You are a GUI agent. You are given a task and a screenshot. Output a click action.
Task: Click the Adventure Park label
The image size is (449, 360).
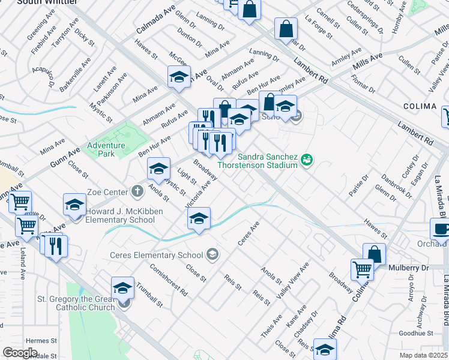coord(106,149)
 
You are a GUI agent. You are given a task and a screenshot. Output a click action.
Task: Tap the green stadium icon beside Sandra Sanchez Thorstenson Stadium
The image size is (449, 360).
coord(307,160)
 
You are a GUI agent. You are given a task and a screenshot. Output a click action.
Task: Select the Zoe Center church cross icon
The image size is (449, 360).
coord(137,192)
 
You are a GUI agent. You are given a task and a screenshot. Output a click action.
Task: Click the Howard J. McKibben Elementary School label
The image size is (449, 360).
coord(120,215)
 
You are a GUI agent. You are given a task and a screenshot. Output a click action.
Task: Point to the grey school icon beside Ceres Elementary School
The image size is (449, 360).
coord(211,255)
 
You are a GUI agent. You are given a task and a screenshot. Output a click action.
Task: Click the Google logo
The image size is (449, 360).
coord(20,353)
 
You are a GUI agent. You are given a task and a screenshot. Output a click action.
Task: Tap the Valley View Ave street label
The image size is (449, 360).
coord(292,281)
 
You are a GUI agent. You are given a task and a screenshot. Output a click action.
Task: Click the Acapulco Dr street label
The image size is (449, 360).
coord(45,76)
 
